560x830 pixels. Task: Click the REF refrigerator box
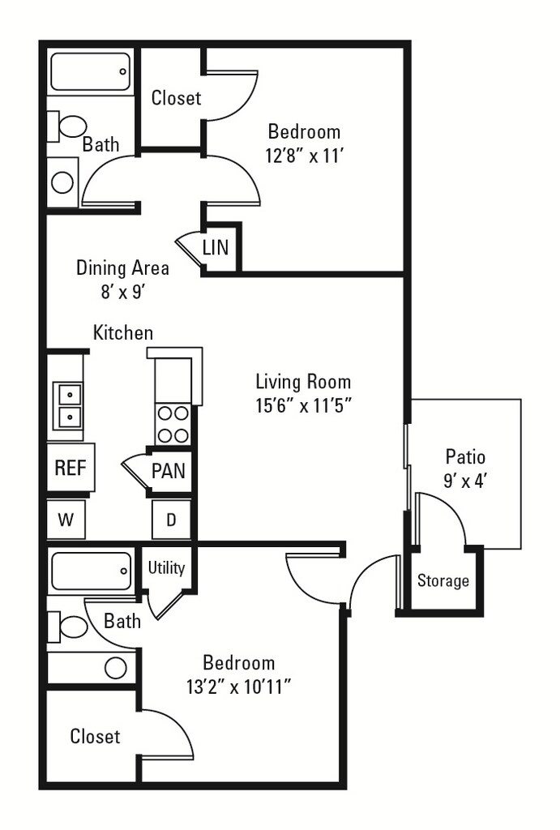(x=71, y=468)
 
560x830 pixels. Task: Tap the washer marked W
(x=66, y=520)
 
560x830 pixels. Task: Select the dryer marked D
(x=171, y=520)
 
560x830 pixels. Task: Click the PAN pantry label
(x=169, y=471)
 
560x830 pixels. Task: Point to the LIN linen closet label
(x=216, y=247)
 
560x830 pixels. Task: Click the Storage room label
(x=443, y=580)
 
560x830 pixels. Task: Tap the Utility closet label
(x=166, y=568)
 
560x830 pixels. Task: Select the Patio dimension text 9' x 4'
(x=464, y=481)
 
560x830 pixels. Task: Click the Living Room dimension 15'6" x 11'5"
(x=303, y=405)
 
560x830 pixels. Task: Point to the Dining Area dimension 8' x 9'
(x=123, y=291)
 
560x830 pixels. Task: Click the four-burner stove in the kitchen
(x=173, y=423)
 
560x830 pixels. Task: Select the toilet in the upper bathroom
(x=66, y=126)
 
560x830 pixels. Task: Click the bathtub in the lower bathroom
(x=91, y=571)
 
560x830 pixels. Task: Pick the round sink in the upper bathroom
(x=62, y=182)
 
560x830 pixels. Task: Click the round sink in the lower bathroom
(x=115, y=668)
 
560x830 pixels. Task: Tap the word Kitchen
(x=123, y=332)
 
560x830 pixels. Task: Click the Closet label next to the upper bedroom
(x=176, y=98)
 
